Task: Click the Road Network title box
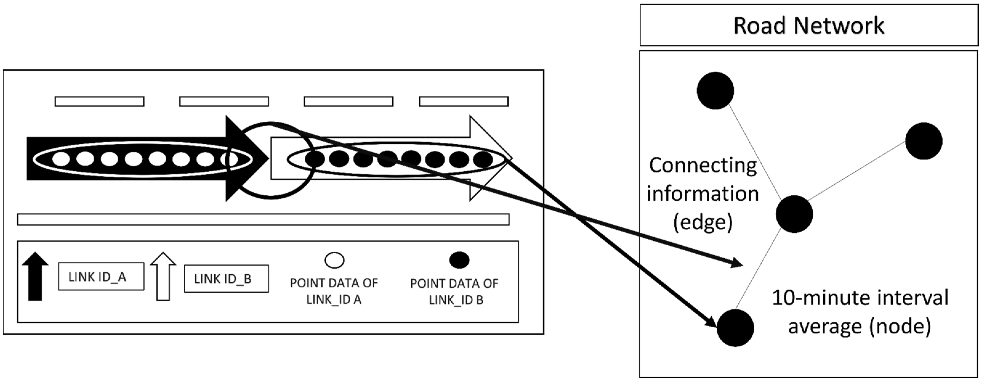(809, 26)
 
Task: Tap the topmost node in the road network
(715, 91)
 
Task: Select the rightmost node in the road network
(924, 141)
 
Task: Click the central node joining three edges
(794, 214)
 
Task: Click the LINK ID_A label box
(101, 276)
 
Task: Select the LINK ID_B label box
(226, 279)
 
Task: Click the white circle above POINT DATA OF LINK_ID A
(334, 260)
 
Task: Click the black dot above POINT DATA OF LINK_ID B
(459, 260)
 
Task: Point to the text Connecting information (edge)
(703, 194)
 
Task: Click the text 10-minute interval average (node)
(860, 312)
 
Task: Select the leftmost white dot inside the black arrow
(61, 158)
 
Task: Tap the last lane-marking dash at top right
(464, 101)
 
